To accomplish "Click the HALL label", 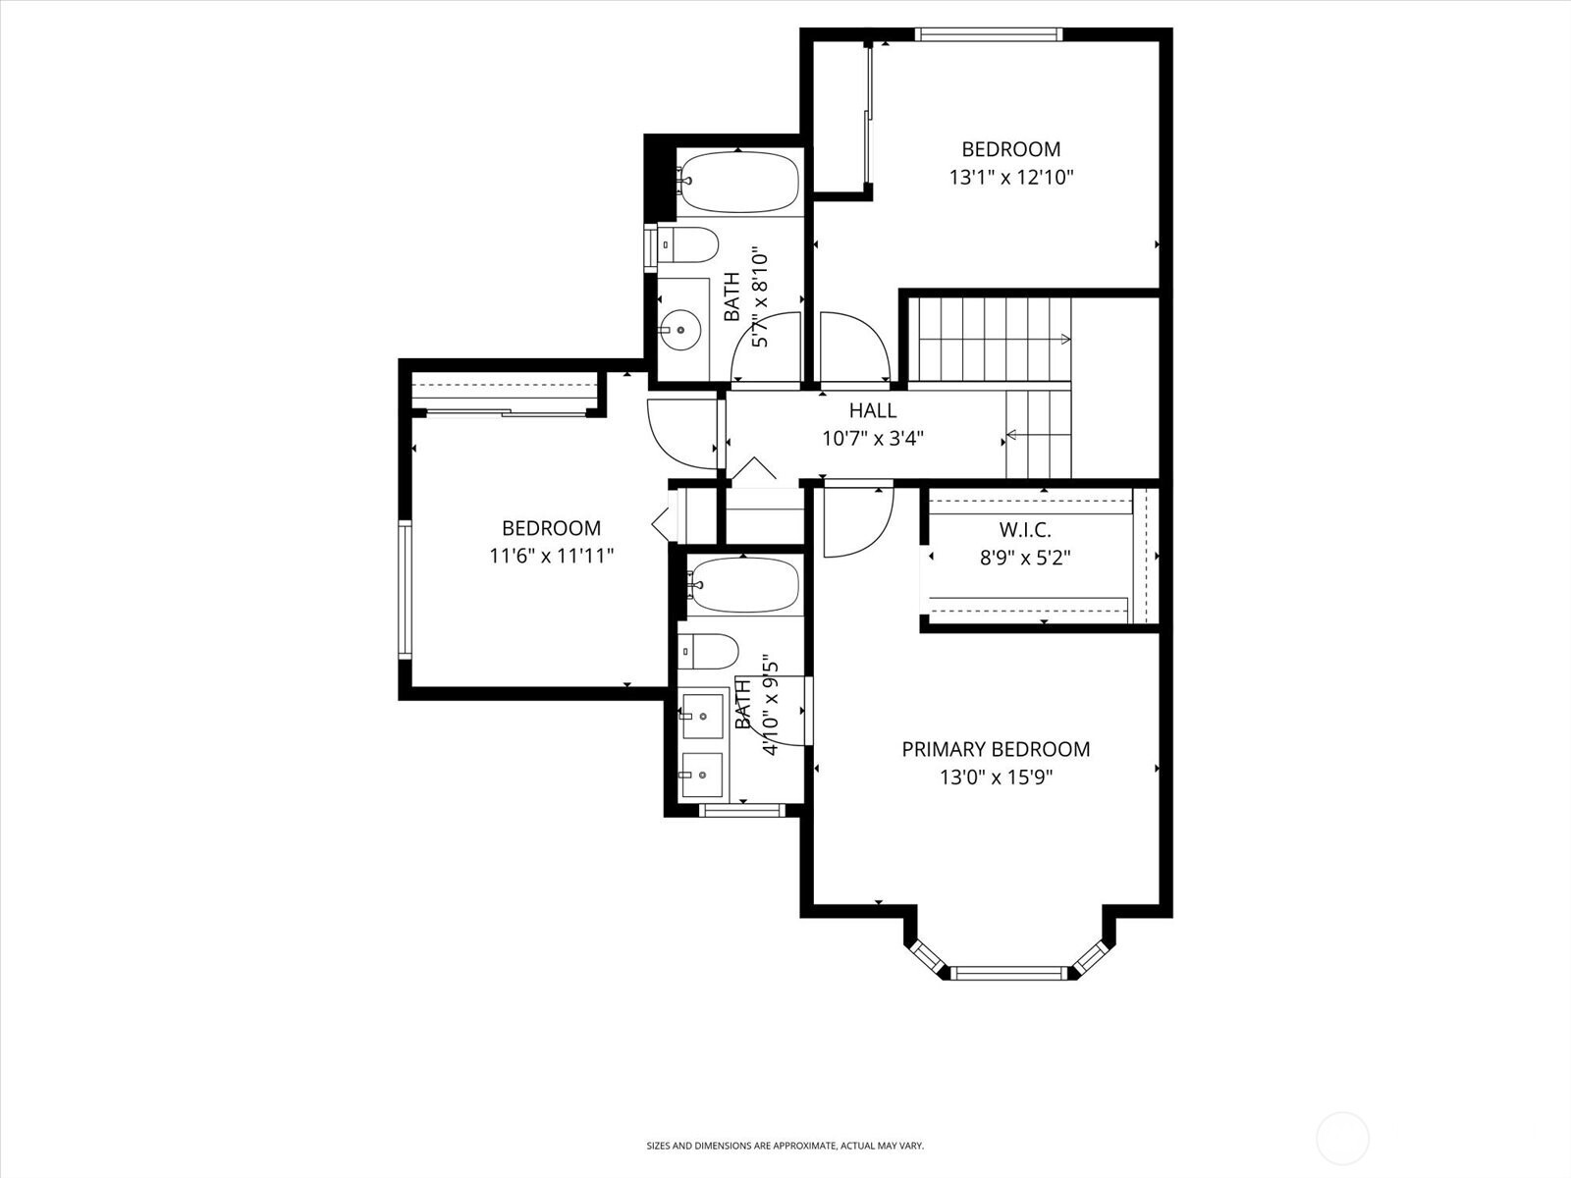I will [x=872, y=410].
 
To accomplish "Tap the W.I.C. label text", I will [x=1025, y=530].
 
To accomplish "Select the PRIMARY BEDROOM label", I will [x=996, y=749].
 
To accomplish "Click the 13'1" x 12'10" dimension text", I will [x=1010, y=178].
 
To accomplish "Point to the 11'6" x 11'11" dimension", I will [x=551, y=556].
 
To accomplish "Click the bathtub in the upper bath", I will [x=739, y=182].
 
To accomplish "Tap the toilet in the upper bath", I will [x=688, y=244].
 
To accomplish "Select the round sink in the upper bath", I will [x=679, y=330].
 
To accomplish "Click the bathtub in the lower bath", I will [x=743, y=586].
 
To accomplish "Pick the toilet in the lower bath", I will [x=708, y=650].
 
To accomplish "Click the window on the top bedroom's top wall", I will [x=989, y=34].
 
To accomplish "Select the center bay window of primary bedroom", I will [x=1008, y=973].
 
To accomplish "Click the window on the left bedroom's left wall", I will [x=404, y=589].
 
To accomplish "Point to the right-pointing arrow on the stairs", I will [x=1064, y=340].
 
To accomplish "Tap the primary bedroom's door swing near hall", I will [x=856, y=520].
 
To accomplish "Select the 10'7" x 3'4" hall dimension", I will [x=872, y=438].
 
